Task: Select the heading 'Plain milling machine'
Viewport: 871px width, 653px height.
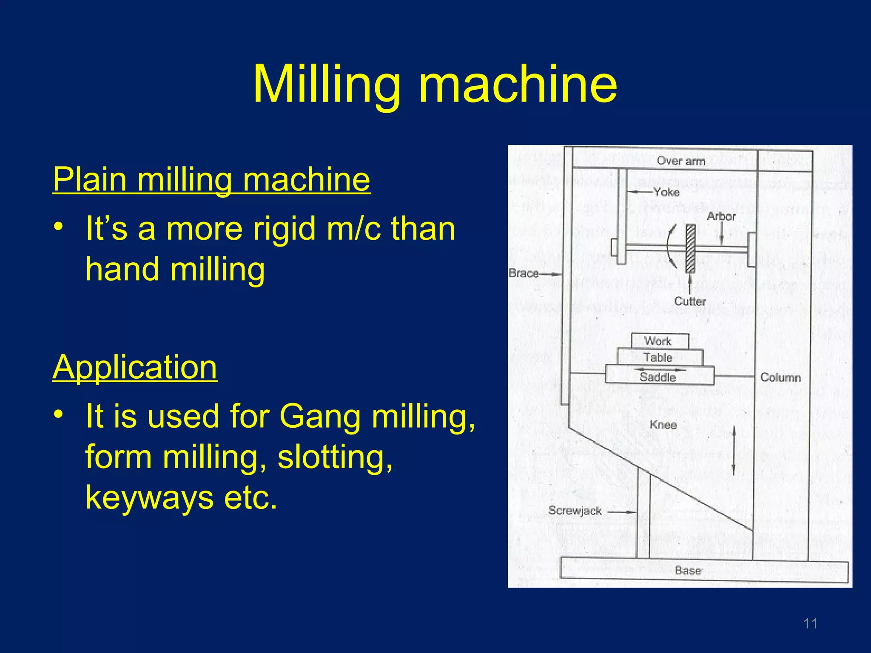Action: click(211, 180)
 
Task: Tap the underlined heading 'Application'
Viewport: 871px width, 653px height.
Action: click(135, 367)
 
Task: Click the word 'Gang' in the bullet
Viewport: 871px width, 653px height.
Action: click(320, 416)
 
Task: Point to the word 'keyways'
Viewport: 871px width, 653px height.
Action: click(149, 498)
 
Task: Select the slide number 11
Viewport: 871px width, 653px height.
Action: click(810, 624)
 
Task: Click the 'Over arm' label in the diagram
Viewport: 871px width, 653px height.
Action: click(680, 161)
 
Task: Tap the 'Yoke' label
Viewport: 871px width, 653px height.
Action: click(666, 192)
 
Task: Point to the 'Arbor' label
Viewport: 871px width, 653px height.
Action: click(721, 216)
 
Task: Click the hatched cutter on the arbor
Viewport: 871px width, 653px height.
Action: click(690, 249)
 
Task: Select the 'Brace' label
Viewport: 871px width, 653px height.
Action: click(524, 273)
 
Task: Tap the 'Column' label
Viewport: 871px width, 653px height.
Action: click(780, 378)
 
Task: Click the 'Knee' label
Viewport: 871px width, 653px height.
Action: click(663, 425)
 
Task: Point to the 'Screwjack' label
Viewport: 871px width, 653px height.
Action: click(575, 511)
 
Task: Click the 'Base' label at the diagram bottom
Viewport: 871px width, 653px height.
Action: click(688, 570)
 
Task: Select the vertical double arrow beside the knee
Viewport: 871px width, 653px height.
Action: click(734, 451)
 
